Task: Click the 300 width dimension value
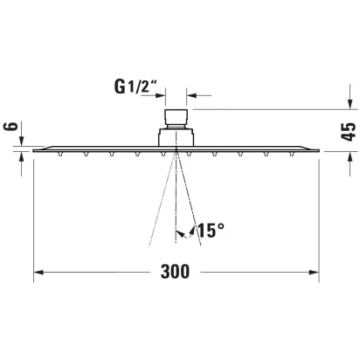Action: pos(175,272)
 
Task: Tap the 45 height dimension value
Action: pos(349,132)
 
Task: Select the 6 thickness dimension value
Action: pos(11,127)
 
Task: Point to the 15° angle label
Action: pos(211,230)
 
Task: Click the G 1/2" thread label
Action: pos(136,87)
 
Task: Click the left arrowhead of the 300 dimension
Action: pos(38,273)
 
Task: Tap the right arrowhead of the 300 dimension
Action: pos(314,273)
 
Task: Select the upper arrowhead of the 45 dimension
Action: pos(350,104)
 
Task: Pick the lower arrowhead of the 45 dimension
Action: pos(350,156)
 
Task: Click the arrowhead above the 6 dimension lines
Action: pos(22,141)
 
